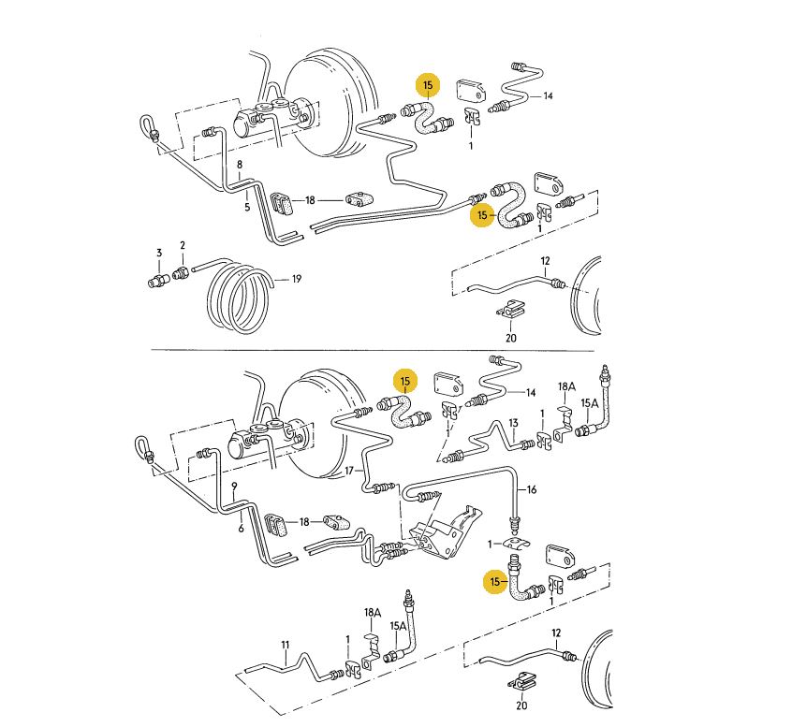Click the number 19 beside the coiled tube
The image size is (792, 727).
pyautogui.click(x=297, y=279)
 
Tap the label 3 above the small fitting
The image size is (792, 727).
pyautogui.click(x=159, y=253)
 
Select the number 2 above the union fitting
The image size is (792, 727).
pyautogui.click(x=183, y=245)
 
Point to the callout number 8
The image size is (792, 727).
pyautogui.click(x=240, y=165)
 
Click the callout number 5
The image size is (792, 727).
pyautogui.click(x=247, y=207)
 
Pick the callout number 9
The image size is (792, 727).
pyautogui.click(x=234, y=487)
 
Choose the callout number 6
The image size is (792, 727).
pyautogui.click(x=241, y=529)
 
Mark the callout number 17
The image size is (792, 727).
pyautogui.click(x=349, y=471)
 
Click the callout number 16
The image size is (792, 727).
pyautogui.click(x=532, y=489)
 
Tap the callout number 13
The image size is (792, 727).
pyautogui.click(x=513, y=423)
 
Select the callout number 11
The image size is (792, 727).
pyautogui.click(x=286, y=645)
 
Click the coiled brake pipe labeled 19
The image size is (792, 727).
pyautogui.click(x=238, y=298)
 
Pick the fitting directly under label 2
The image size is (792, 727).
pyautogui.click(x=181, y=273)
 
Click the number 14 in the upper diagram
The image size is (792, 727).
pyautogui.click(x=548, y=95)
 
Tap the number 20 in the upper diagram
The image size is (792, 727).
pyautogui.click(x=511, y=338)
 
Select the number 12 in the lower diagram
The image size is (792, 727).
pyautogui.click(x=556, y=632)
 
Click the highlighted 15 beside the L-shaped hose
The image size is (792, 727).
pyautogui.click(x=495, y=582)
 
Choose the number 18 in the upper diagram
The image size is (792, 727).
pyautogui.click(x=310, y=200)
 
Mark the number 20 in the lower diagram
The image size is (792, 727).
pyautogui.click(x=521, y=705)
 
